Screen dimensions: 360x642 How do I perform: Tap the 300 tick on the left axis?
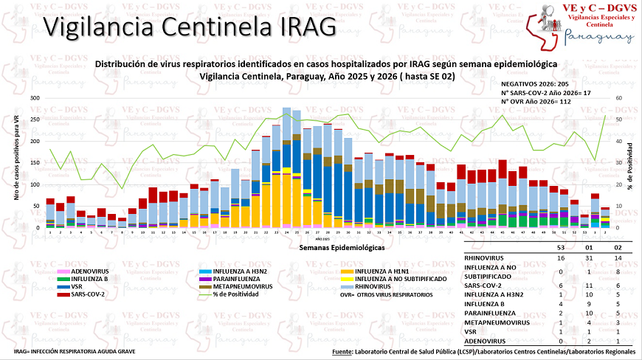tap(34, 98)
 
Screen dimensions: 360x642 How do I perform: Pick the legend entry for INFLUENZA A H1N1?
tap(384, 273)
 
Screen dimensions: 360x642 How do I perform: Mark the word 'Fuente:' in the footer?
tap(341, 352)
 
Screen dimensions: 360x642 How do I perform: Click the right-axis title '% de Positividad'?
tap(632, 162)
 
